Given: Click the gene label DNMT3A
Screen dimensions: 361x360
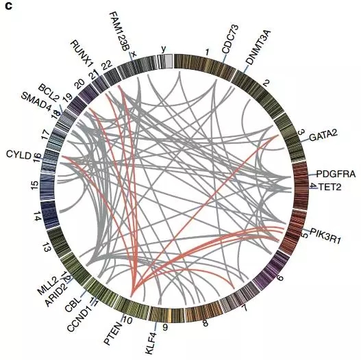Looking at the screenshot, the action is click(258, 47).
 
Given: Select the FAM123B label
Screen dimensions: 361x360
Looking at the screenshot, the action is click(120, 31).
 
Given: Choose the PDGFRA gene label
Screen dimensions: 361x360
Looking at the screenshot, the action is click(336, 174).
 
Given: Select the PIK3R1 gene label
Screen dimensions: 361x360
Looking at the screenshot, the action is click(325, 235).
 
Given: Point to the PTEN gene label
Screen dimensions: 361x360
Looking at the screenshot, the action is click(113, 333).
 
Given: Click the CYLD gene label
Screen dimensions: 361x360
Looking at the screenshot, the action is click(18, 155).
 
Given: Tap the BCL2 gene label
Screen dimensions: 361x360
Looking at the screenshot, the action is click(49, 93).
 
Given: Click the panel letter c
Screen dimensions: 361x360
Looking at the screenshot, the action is click(8, 6).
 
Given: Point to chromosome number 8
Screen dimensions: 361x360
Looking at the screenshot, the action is click(205, 323).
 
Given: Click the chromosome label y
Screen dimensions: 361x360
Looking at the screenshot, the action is click(164, 49).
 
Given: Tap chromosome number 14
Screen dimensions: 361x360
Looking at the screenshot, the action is click(37, 216).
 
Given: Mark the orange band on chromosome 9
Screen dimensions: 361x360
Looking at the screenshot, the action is click(170, 315).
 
